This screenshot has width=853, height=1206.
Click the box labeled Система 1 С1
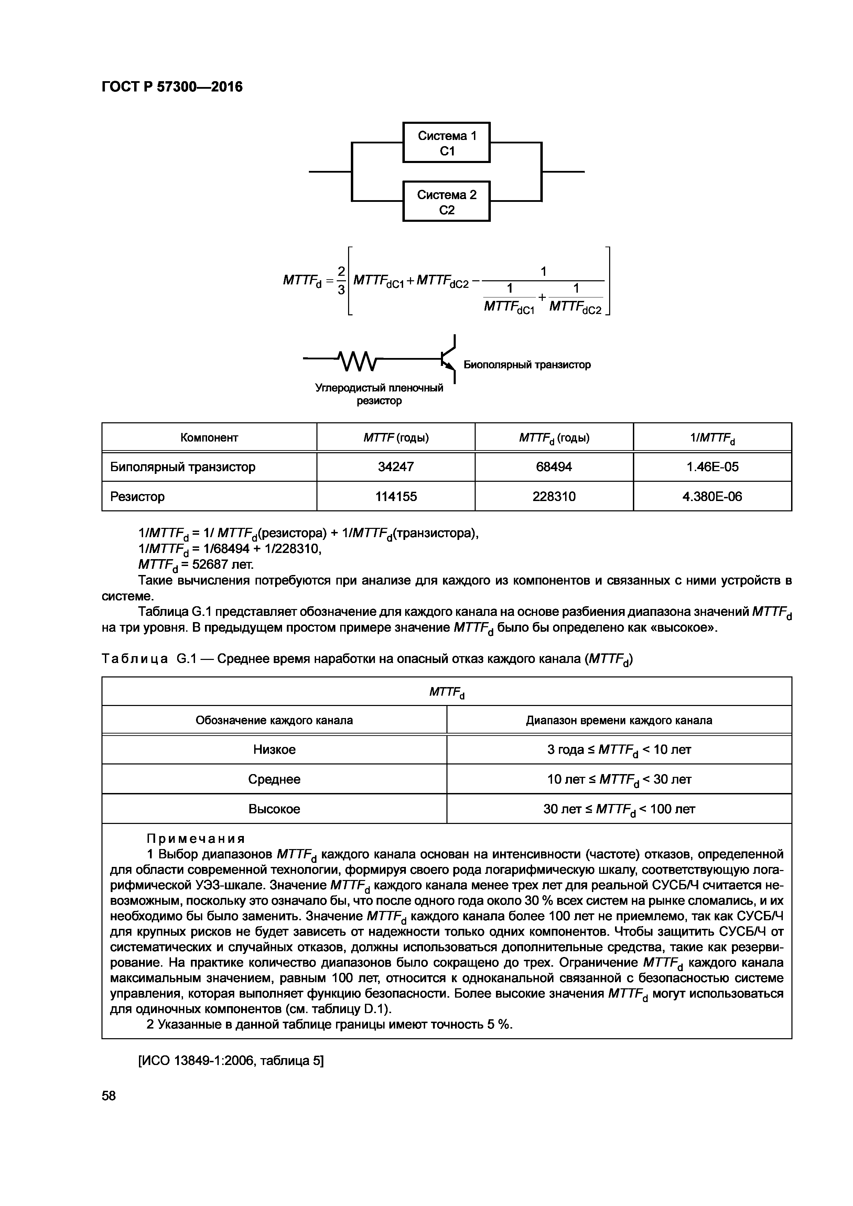[x=446, y=142]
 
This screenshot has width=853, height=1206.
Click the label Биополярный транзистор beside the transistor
[x=527, y=365]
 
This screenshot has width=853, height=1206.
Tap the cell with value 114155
[x=396, y=496]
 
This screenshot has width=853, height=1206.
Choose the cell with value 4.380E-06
[x=712, y=496]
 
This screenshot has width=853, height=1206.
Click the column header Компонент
[x=209, y=437]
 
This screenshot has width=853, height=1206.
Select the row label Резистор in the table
[x=137, y=496]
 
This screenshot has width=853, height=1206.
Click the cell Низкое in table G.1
[x=274, y=750]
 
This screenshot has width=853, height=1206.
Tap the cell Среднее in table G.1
[x=274, y=779]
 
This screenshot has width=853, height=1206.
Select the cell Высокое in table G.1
[x=274, y=809]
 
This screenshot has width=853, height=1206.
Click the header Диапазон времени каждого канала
[x=619, y=720]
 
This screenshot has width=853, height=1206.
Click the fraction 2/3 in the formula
[x=341, y=280]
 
